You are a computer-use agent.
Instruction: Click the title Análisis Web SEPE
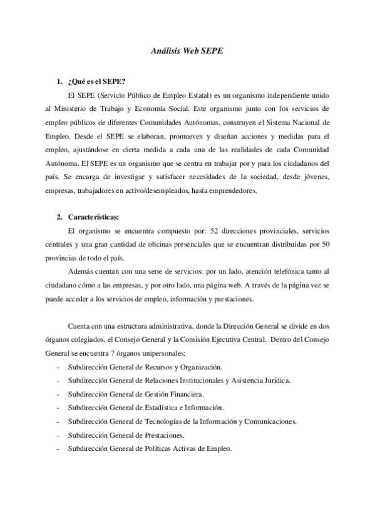coord(187,53)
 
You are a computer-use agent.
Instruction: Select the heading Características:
coord(94,217)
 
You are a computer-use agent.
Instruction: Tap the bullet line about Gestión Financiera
coord(136,394)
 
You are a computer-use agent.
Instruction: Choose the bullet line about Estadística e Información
coord(143,408)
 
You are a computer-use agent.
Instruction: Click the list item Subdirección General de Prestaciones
coord(130,435)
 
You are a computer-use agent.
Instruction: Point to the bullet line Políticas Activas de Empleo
coord(150,449)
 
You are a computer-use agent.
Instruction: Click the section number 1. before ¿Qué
coord(59,81)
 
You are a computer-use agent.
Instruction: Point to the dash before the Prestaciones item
coord(58,435)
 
